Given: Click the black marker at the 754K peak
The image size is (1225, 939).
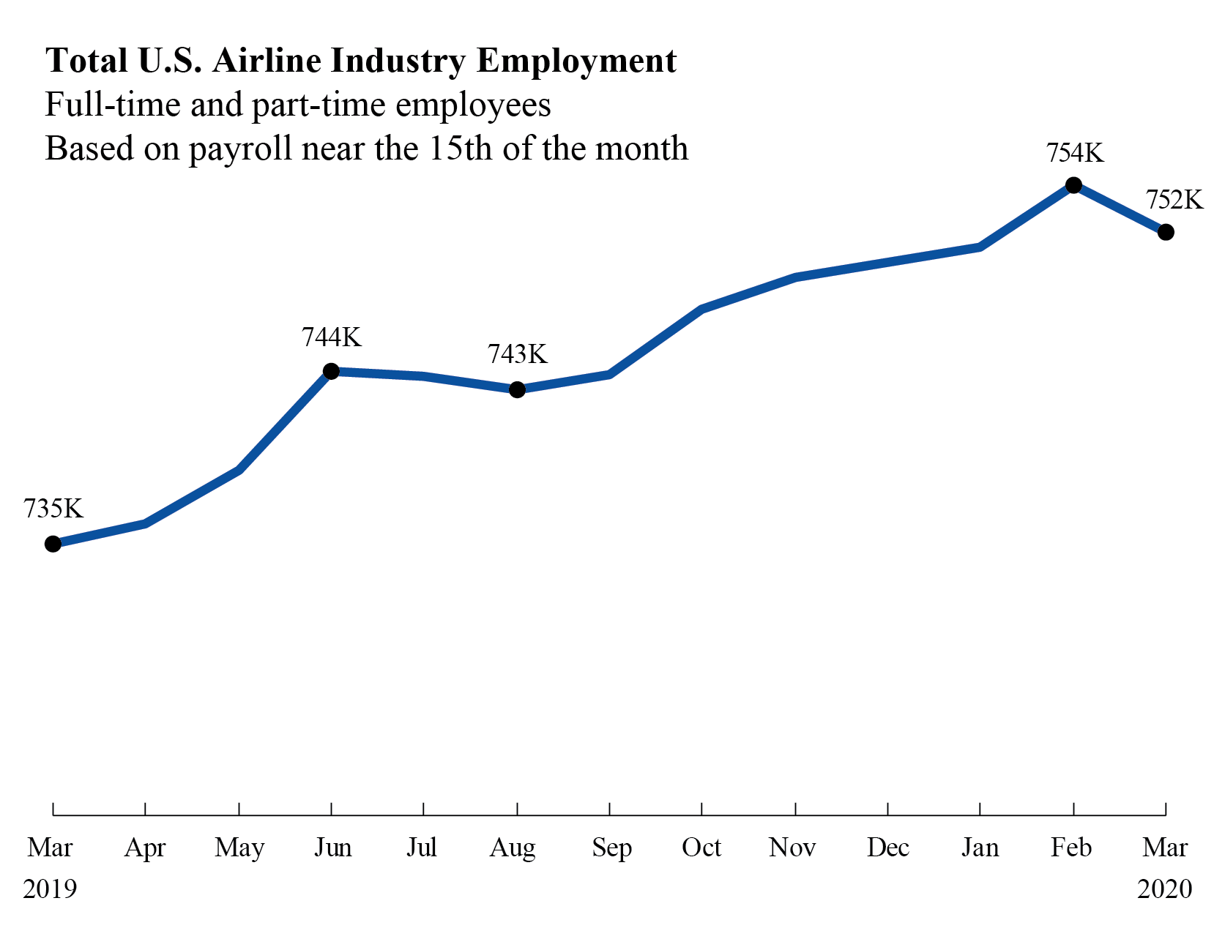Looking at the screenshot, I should [1073, 185].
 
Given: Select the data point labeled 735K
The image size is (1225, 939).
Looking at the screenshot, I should [53, 544].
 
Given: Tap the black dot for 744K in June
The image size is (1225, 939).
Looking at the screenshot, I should [331, 371].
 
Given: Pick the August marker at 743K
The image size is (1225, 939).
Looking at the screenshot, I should [517, 389].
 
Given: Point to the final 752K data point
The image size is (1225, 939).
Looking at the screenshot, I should [1166, 232].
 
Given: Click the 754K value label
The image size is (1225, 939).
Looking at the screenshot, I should [1074, 153].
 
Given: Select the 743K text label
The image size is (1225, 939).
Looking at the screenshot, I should [518, 354].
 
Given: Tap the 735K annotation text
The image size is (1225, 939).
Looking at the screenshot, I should [53, 508].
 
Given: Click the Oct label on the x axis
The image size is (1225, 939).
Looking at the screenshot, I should [701, 848].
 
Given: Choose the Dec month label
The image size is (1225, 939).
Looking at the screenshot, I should [887, 848].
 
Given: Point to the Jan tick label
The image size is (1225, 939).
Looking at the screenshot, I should [980, 848].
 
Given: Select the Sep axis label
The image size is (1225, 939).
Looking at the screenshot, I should [611, 848].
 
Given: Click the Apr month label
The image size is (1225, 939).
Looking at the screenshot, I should [145, 848].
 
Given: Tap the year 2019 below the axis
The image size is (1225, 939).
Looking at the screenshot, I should [50, 889].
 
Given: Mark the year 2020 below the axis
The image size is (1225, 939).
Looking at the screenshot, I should [1164, 889].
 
